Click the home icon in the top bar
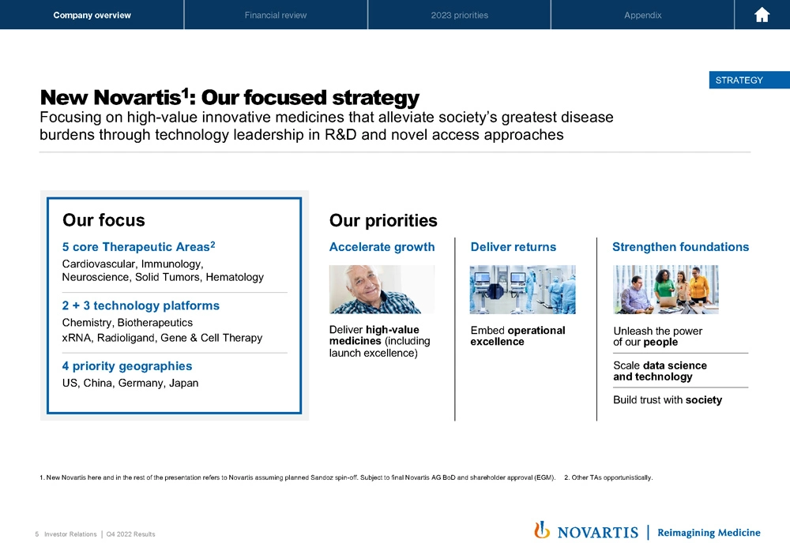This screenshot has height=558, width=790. coord(762,15)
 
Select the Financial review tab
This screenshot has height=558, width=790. coord(276,15)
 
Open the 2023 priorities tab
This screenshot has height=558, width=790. coord(460,15)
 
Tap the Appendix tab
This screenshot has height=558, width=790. coord(643,15)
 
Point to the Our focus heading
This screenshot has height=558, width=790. coord(103,220)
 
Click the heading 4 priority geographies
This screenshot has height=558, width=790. coord(127,365)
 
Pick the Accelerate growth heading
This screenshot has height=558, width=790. coord(382,247)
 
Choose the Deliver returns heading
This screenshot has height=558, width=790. coord(513,247)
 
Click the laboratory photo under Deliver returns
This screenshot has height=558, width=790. coord(522,290)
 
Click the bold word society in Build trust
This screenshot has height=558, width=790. coord(704,400)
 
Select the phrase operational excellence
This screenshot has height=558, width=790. coord(518,336)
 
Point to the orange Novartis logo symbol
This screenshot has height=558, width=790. coord(542,530)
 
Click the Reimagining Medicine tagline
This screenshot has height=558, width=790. coord(709,532)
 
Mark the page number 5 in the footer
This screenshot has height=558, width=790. coord(37,534)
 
